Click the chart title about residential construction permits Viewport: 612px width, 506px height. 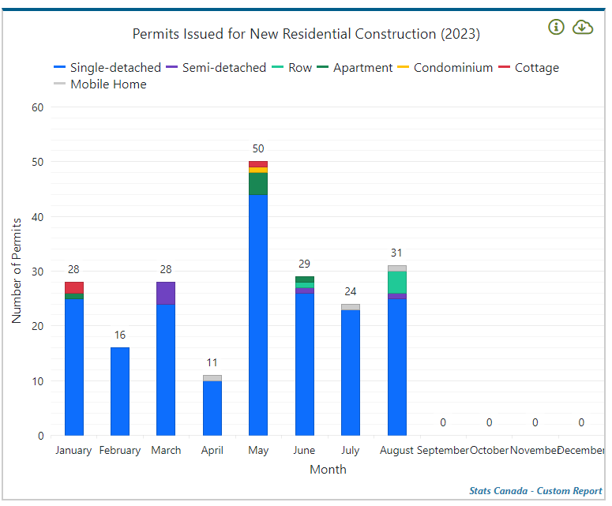point(306,34)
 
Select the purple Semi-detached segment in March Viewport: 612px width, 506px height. point(166,293)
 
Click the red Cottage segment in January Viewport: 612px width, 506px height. point(74,287)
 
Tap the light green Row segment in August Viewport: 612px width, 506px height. point(397,283)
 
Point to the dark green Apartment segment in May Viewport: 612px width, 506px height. point(258,184)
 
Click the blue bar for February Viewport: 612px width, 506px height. point(120,391)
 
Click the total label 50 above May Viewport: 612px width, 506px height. point(258,148)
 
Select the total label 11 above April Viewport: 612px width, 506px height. point(212,362)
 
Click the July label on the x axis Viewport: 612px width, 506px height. point(351,450)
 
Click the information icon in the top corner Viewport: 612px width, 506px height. point(557,28)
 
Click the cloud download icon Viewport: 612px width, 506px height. point(583,28)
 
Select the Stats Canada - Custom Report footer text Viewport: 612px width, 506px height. point(535,491)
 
